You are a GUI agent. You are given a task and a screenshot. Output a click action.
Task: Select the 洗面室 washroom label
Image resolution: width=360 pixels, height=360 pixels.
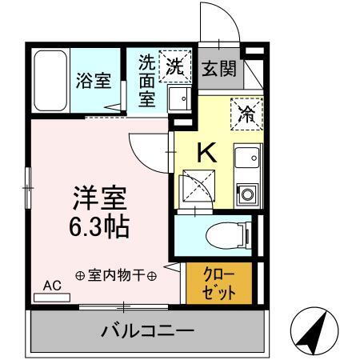pyautogui.click(x=147, y=80)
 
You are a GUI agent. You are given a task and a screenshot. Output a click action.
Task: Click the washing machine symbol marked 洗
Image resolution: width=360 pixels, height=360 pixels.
pyautogui.click(x=175, y=66)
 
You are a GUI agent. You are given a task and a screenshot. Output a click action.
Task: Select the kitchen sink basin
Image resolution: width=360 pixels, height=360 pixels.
pyautogui.click(x=246, y=156)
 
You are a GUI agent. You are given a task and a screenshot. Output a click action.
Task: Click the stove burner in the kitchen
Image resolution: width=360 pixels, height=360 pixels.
pyautogui.click(x=246, y=194)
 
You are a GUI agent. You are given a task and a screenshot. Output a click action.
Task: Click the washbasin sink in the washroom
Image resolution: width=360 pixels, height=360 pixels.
pyautogui.click(x=179, y=100)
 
